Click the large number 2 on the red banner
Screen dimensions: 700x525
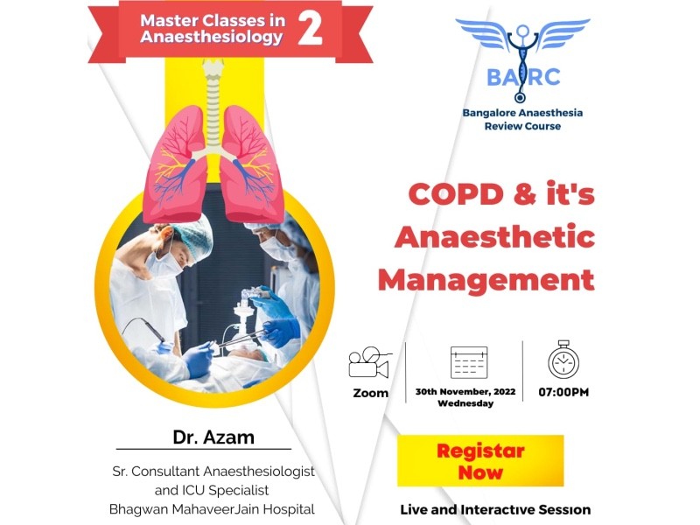[310, 28]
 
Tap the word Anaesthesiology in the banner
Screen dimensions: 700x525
[212, 37]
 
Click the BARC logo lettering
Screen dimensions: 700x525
[523, 77]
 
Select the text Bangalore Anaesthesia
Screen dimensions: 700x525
[522, 113]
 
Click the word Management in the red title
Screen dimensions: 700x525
[486, 280]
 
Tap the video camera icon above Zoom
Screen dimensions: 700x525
[369, 362]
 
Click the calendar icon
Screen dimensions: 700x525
[469, 362]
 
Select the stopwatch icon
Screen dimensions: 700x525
[563, 360]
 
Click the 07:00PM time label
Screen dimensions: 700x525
[563, 392]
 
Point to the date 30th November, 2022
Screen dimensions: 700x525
[465, 391]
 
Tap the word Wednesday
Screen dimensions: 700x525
[465, 403]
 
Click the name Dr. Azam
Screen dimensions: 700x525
[213, 437]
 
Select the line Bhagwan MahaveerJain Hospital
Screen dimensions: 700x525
[212, 509]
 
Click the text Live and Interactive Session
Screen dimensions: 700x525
[495, 509]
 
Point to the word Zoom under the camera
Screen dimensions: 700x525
[370, 393]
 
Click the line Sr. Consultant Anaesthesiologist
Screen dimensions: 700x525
[213, 472]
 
